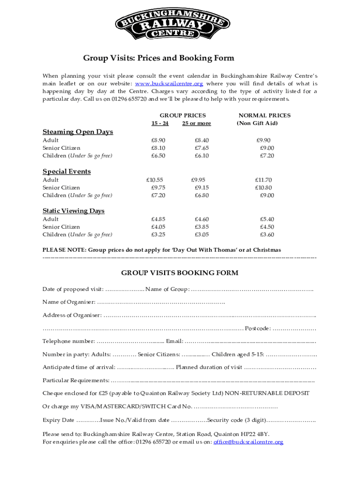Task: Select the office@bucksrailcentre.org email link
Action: pyautogui.click(x=248, y=442)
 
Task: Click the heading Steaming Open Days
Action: pyautogui.click(x=78, y=132)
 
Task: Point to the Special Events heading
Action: pyautogui.click(x=66, y=171)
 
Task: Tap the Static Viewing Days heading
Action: pyautogui.click(x=73, y=211)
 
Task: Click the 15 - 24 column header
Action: pyautogui.click(x=159, y=123)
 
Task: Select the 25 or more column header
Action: pyautogui.click(x=196, y=123)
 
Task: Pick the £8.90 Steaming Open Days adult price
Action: pyautogui.click(x=158, y=140)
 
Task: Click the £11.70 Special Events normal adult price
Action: pyautogui.click(x=263, y=180)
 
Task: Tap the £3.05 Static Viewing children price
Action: pyautogui.click(x=202, y=234)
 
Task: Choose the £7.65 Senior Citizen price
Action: pyautogui.click(x=202, y=148)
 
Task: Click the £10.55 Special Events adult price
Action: pyautogui.click(x=155, y=180)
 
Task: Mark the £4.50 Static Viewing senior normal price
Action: pyautogui.click(x=266, y=227)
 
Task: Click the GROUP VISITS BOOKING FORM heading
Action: pyautogui.click(x=180, y=273)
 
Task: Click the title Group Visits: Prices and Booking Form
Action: pyautogui.click(x=158, y=58)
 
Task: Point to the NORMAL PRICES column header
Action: pyautogui.click(x=264, y=115)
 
